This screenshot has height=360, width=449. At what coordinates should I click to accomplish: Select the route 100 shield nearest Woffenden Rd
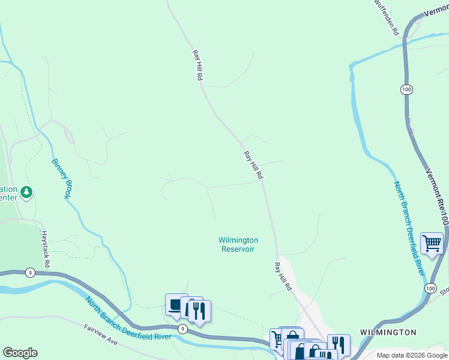[x=406, y=89]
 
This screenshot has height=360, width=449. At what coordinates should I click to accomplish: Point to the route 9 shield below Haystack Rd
[x=30, y=272]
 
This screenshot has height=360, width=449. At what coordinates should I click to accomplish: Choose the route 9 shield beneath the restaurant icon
[x=182, y=329]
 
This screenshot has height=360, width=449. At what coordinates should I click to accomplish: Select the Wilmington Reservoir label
[x=238, y=244]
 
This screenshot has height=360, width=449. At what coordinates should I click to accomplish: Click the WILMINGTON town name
[x=388, y=332]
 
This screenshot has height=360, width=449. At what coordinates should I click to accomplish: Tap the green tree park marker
[x=26, y=193]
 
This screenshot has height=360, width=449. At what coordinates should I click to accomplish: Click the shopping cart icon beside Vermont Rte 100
[x=432, y=243]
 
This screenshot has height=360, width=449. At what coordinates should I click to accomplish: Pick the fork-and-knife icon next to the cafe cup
[x=199, y=311]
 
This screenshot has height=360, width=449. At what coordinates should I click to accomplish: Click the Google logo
[x=20, y=353]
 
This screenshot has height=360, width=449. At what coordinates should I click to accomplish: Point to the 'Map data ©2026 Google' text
[x=411, y=355]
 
